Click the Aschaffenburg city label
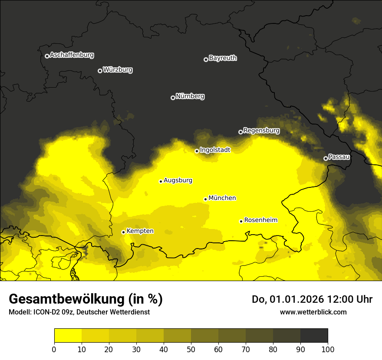[x=72, y=55]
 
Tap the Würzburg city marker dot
[x=100, y=71]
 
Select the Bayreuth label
[x=223, y=58]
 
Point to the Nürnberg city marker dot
[x=173, y=98]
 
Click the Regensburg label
[x=261, y=131]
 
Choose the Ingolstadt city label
[x=215, y=150]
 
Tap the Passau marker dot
[x=326, y=158]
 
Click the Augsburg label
[x=178, y=180]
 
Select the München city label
[x=222, y=198]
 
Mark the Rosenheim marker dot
[x=241, y=221]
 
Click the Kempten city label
[x=140, y=231]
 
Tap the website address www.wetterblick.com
[x=313, y=312]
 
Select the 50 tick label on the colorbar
[x=191, y=349]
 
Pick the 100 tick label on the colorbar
[x=328, y=349]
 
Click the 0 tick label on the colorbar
[x=54, y=349]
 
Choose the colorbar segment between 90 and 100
[x=314, y=335]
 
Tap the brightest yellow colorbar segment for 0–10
[x=68, y=335]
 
